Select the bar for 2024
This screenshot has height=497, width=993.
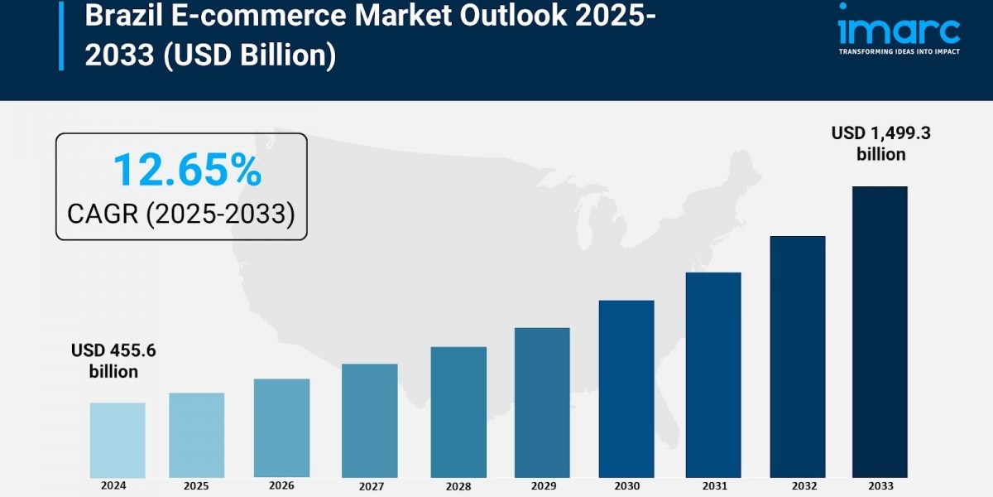click(x=118, y=440)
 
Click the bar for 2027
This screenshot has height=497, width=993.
click(x=369, y=421)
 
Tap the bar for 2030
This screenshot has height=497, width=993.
click(x=626, y=388)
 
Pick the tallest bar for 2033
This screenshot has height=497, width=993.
click(x=880, y=331)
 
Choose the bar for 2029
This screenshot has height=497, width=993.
click(x=542, y=403)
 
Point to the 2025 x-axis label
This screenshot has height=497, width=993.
click(x=196, y=486)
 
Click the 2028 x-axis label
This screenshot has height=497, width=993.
click(x=458, y=486)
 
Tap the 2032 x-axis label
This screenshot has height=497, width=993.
click(x=798, y=486)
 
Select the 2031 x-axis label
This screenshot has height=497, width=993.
click(x=712, y=486)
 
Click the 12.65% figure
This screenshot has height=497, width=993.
click(x=187, y=171)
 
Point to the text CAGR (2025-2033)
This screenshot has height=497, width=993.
click(x=181, y=215)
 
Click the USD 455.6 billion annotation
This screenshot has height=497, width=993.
click(x=113, y=361)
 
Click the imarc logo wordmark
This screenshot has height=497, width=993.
click(x=898, y=29)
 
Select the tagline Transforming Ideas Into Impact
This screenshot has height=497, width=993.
click(x=899, y=51)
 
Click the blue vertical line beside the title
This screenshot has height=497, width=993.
click(x=60, y=35)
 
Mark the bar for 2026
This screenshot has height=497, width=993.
click(x=281, y=428)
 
